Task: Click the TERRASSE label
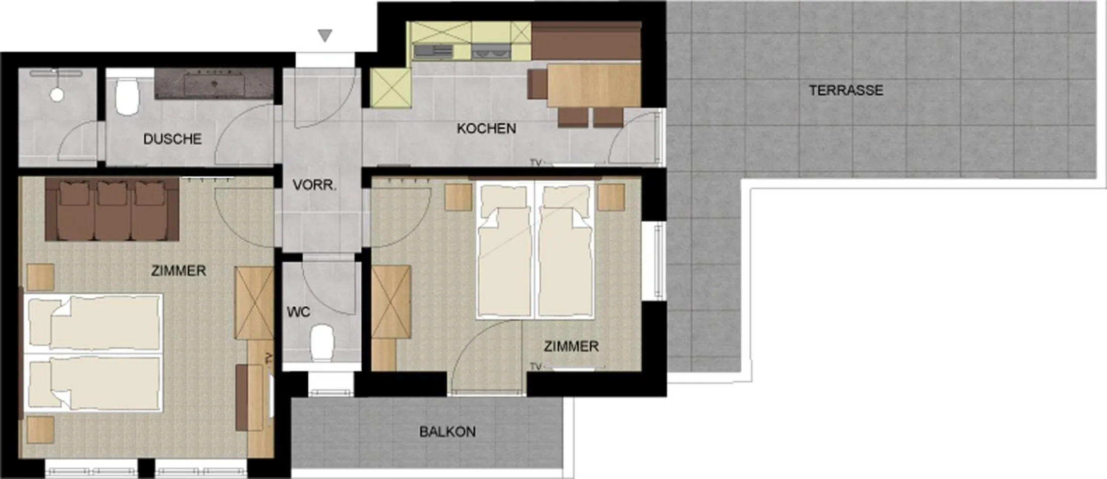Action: tap(846, 91)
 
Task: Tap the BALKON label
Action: tap(448, 432)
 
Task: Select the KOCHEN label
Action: tap(486, 129)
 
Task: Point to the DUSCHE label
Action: tap(173, 139)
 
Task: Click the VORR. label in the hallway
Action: tap(314, 185)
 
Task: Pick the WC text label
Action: tap(299, 312)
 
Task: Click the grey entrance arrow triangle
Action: tap(325, 35)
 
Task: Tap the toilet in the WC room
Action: tap(322, 343)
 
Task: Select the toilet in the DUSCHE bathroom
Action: tap(127, 96)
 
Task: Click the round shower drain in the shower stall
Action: tap(57, 94)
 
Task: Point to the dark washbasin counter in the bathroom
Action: tap(214, 84)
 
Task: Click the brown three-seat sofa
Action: tap(112, 209)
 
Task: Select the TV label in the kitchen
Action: tap(535, 163)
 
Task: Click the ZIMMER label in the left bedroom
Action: tap(179, 271)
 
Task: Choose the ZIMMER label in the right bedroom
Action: tap(571, 347)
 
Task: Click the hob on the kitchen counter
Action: tap(433, 51)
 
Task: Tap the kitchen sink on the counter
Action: tap(491, 51)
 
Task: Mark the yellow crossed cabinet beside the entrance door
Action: tap(391, 88)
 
